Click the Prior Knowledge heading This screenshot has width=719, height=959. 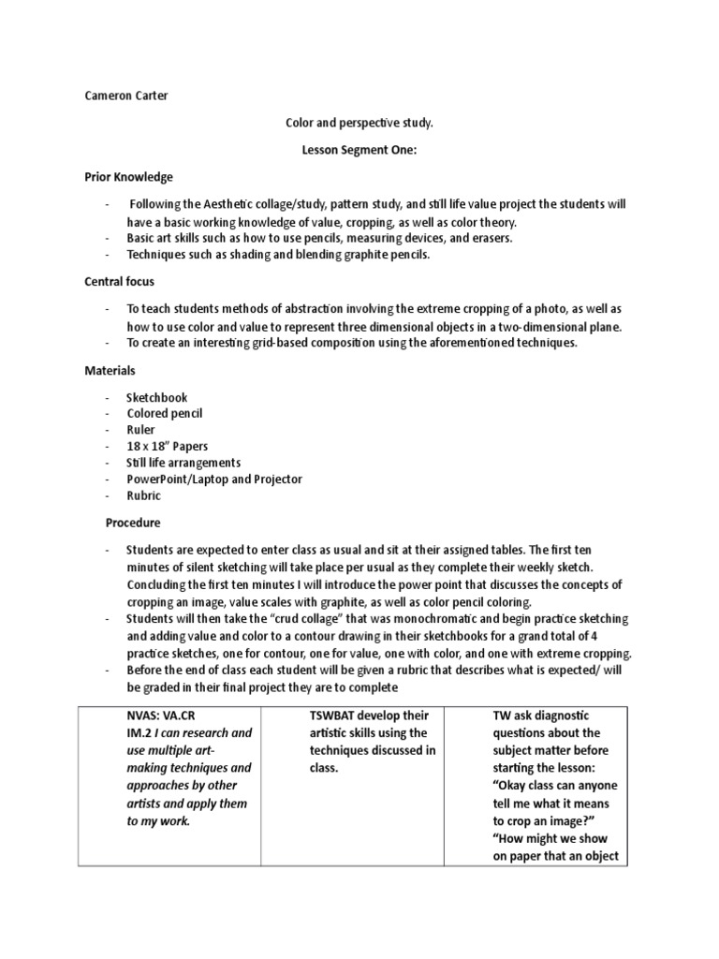click(x=128, y=177)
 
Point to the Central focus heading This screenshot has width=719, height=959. click(x=120, y=281)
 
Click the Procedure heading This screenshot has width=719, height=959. click(x=134, y=523)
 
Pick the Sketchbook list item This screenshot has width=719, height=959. click(x=157, y=397)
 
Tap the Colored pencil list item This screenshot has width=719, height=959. click(x=165, y=413)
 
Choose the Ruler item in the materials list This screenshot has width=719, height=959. click(x=141, y=430)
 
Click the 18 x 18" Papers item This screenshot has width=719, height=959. click(x=168, y=446)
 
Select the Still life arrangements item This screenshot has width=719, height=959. click(x=183, y=463)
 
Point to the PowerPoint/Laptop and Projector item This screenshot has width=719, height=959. click(x=214, y=479)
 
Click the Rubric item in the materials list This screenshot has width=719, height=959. click(x=144, y=495)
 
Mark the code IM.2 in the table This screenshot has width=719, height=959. click(x=139, y=732)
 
